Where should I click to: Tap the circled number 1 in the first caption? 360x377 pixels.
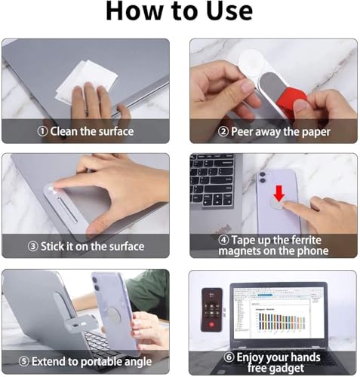click(x=42, y=131)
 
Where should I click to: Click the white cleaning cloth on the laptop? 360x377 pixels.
click(x=86, y=80)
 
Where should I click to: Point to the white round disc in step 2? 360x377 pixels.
click(x=251, y=62)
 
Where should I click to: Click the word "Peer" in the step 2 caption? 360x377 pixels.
click(x=242, y=131)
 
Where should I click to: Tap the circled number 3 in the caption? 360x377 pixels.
click(x=33, y=247)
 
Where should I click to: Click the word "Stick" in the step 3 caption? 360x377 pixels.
click(x=52, y=246)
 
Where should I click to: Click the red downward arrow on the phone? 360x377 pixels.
click(x=279, y=193)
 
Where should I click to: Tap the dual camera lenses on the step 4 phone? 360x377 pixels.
click(x=263, y=177)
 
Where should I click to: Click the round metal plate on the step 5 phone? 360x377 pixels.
click(x=114, y=315)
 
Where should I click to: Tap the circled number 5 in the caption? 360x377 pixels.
click(x=24, y=361)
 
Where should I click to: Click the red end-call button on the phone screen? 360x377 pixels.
click(x=211, y=324)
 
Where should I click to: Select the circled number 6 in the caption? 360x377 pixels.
click(x=229, y=357)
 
